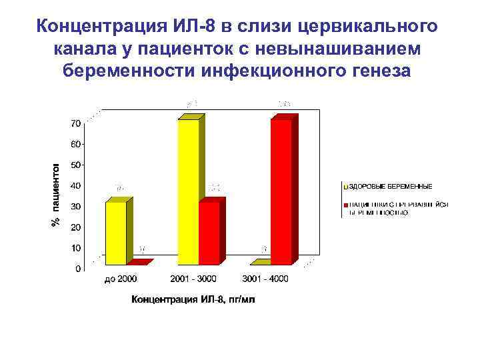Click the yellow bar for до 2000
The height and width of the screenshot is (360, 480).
tap(115, 233)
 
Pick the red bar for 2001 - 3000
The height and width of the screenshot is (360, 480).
tap(209, 233)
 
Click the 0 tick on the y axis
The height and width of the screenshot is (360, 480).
tap(78, 269)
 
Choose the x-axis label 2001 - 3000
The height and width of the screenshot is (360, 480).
tap(193, 279)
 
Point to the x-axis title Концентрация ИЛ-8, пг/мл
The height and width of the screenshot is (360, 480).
tap(193, 299)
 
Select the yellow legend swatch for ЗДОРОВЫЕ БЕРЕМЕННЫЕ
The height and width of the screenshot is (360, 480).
tap(345, 186)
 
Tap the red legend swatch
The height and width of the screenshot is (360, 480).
tap(345, 204)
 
